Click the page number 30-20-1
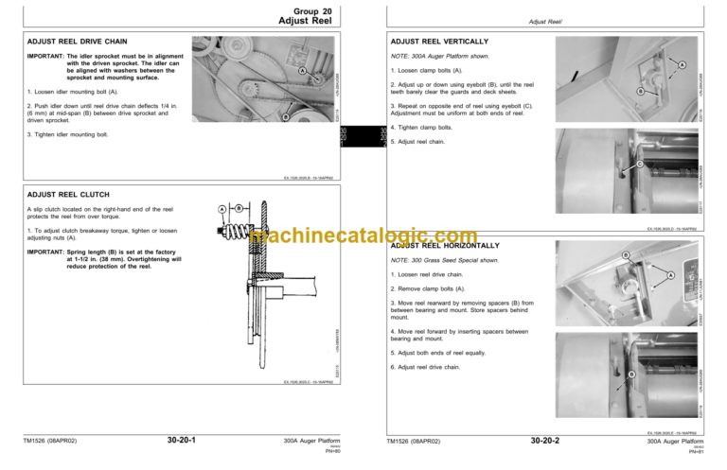(181, 441)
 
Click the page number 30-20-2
(545, 441)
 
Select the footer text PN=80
(332, 451)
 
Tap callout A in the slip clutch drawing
(222, 208)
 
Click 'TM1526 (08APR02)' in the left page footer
(55, 441)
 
